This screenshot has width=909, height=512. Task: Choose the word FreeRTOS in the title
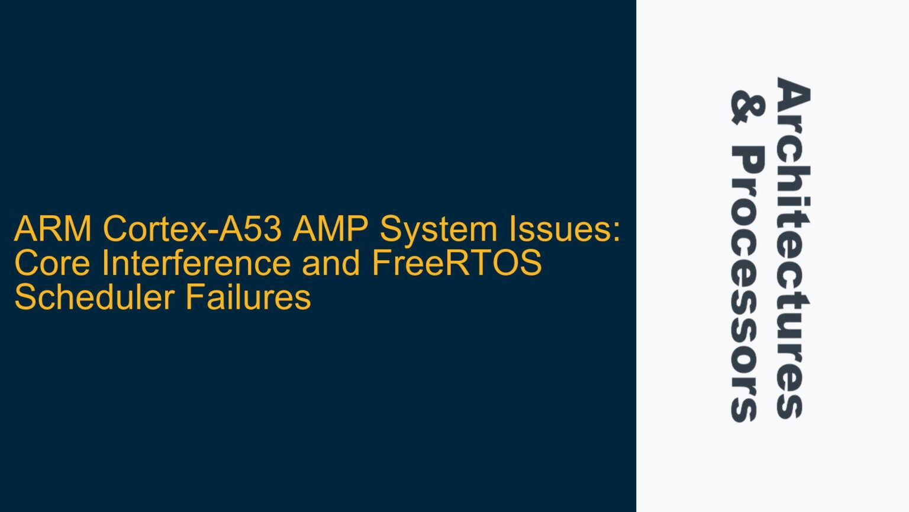click(456, 263)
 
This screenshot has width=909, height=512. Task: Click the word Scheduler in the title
click(94, 297)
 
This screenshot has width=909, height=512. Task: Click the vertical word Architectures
click(792, 248)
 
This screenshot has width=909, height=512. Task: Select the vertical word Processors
click(747, 284)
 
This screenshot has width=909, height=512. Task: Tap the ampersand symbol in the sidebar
click(747, 108)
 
